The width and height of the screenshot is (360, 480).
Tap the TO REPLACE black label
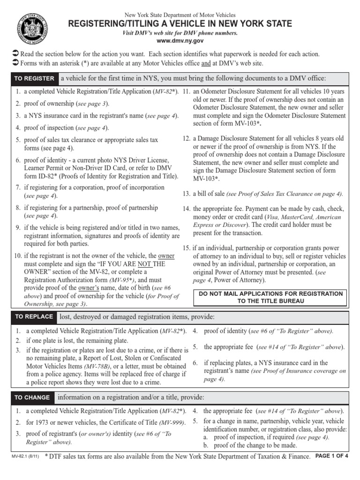click(x=34, y=317)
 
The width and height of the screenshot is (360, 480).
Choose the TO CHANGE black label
click(x=32, y=397)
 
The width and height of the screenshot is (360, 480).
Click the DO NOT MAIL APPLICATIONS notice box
click(x=271, y=297)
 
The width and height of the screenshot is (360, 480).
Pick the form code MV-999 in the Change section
click(x=172, y=423)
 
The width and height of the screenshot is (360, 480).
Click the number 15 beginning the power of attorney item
click(x=186, y=248)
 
